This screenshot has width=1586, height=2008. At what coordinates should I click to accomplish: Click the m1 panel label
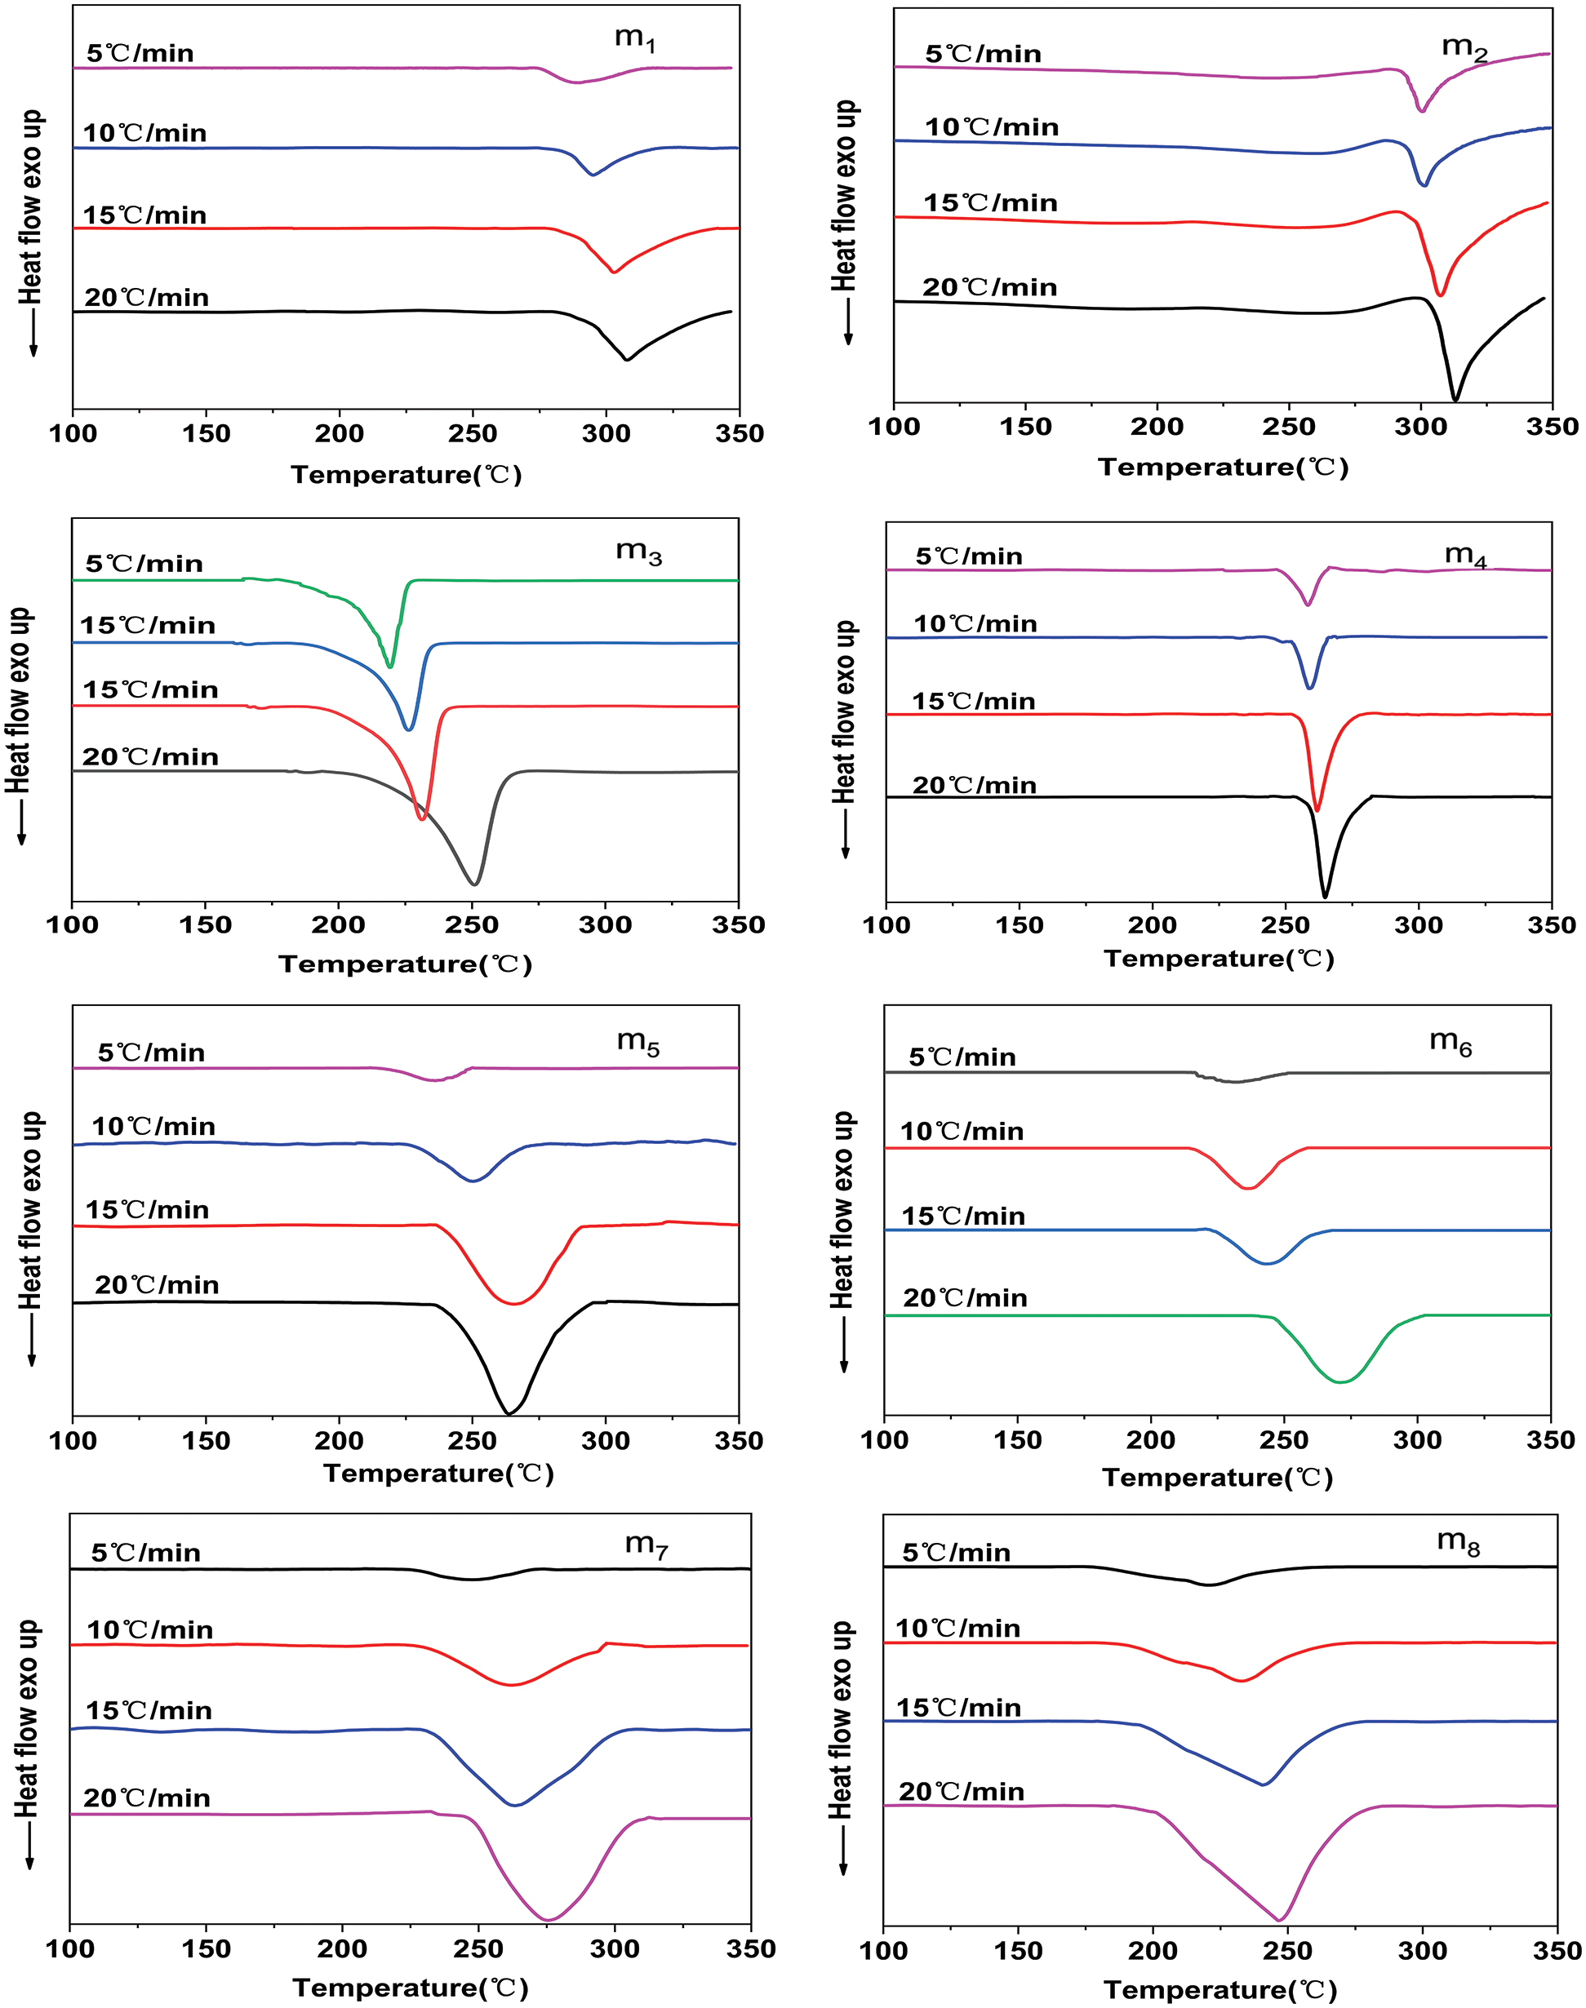[x=635, y=39]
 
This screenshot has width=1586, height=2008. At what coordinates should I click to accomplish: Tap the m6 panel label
[x=1451, y=1043]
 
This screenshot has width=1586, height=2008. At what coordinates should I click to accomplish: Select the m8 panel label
[x=1458, y=1542]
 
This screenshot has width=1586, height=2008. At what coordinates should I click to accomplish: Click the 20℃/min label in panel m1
[x=147, y=298]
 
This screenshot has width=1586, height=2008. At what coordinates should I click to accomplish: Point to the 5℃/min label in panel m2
[x=983, y=54]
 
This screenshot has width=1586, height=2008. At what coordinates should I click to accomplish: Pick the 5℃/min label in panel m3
[x=144, y=564]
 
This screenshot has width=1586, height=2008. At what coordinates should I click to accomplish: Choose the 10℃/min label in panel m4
[x=975, y=624]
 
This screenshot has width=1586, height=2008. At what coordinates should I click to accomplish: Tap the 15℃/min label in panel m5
[x=147, y=1210]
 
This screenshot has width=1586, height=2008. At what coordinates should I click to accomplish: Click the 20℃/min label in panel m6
[x=965, y=1298]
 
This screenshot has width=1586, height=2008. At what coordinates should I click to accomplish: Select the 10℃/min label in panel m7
[x=149, y=1630]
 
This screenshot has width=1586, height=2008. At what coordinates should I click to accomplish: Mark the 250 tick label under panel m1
[x=473, y=433]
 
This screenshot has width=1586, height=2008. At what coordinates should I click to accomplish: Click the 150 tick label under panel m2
[x=1025, y=427]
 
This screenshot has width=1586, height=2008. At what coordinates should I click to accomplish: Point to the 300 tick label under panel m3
[x=606, y=924]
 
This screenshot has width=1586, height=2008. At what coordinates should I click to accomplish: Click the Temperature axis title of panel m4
[x=1219, y=958]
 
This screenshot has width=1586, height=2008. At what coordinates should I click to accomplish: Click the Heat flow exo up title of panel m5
[x=32, y=1211]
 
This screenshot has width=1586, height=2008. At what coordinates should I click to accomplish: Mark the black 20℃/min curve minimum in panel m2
[x=1455, y=400]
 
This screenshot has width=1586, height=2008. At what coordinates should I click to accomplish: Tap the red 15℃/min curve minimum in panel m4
[x=1317, y=809]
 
